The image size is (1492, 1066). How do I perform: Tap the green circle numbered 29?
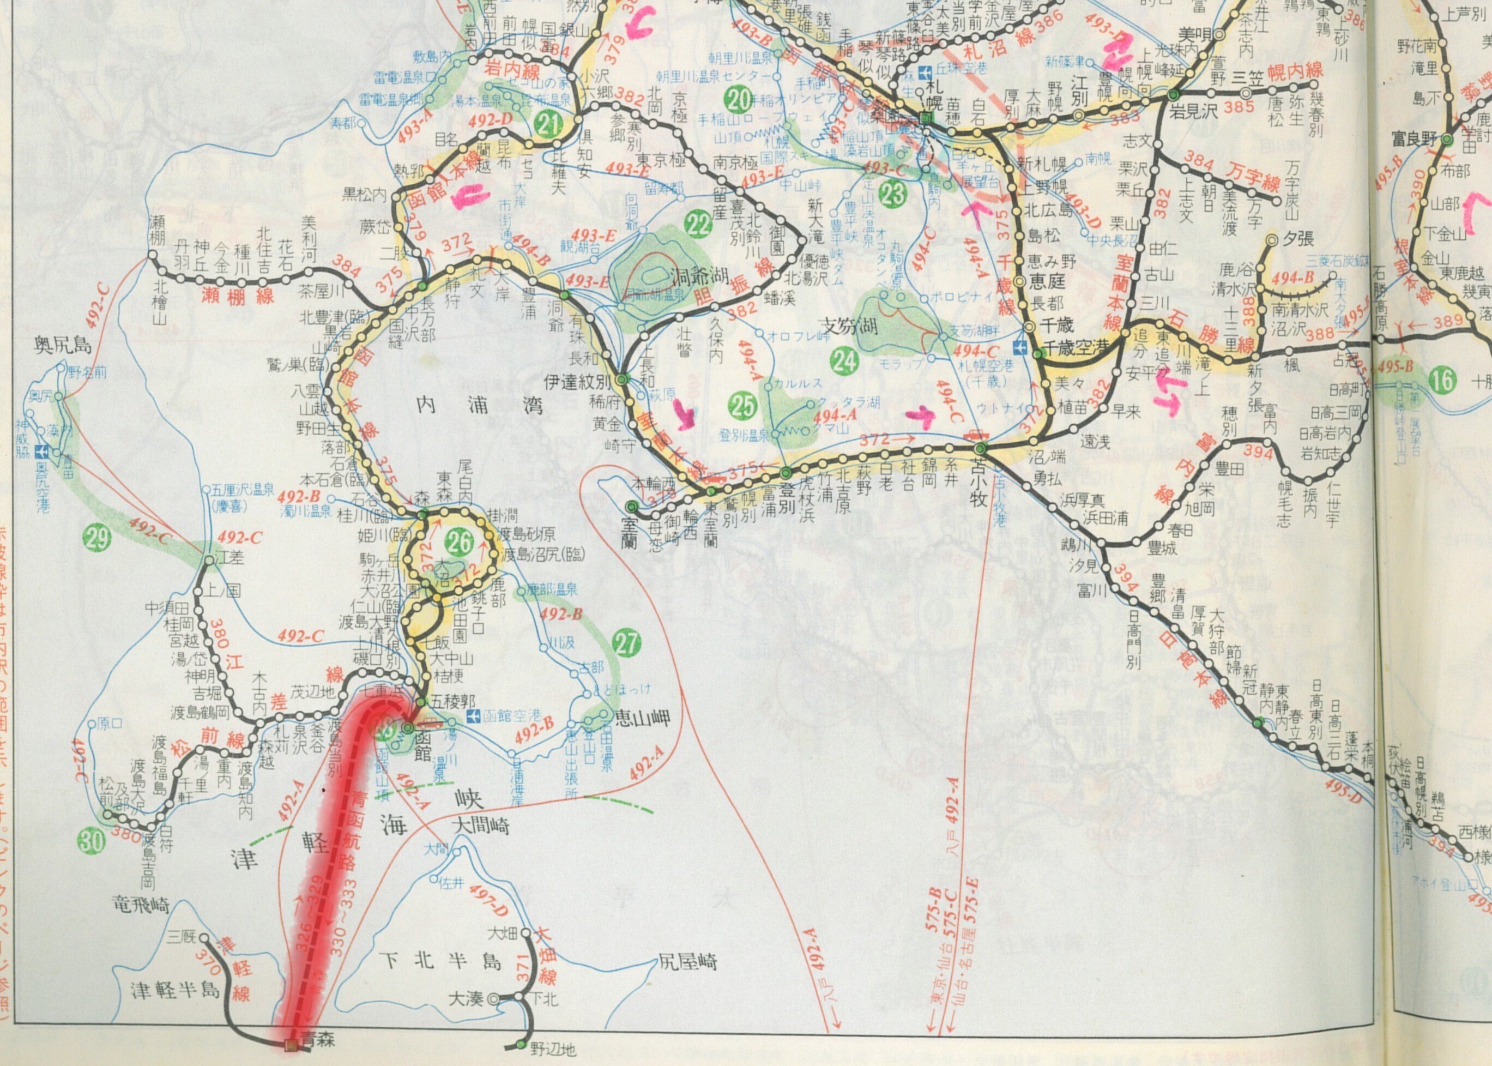(x=98, y=539)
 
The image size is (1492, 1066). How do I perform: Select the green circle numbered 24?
(x=845, y=360)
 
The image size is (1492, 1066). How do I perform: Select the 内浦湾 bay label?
(x=480, y=405)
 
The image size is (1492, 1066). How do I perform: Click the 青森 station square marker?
(x=290, y=1044)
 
